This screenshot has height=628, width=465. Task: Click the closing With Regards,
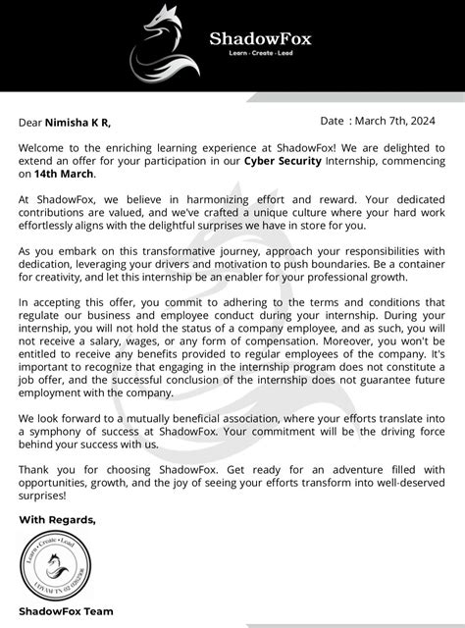[x=58, y=519]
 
